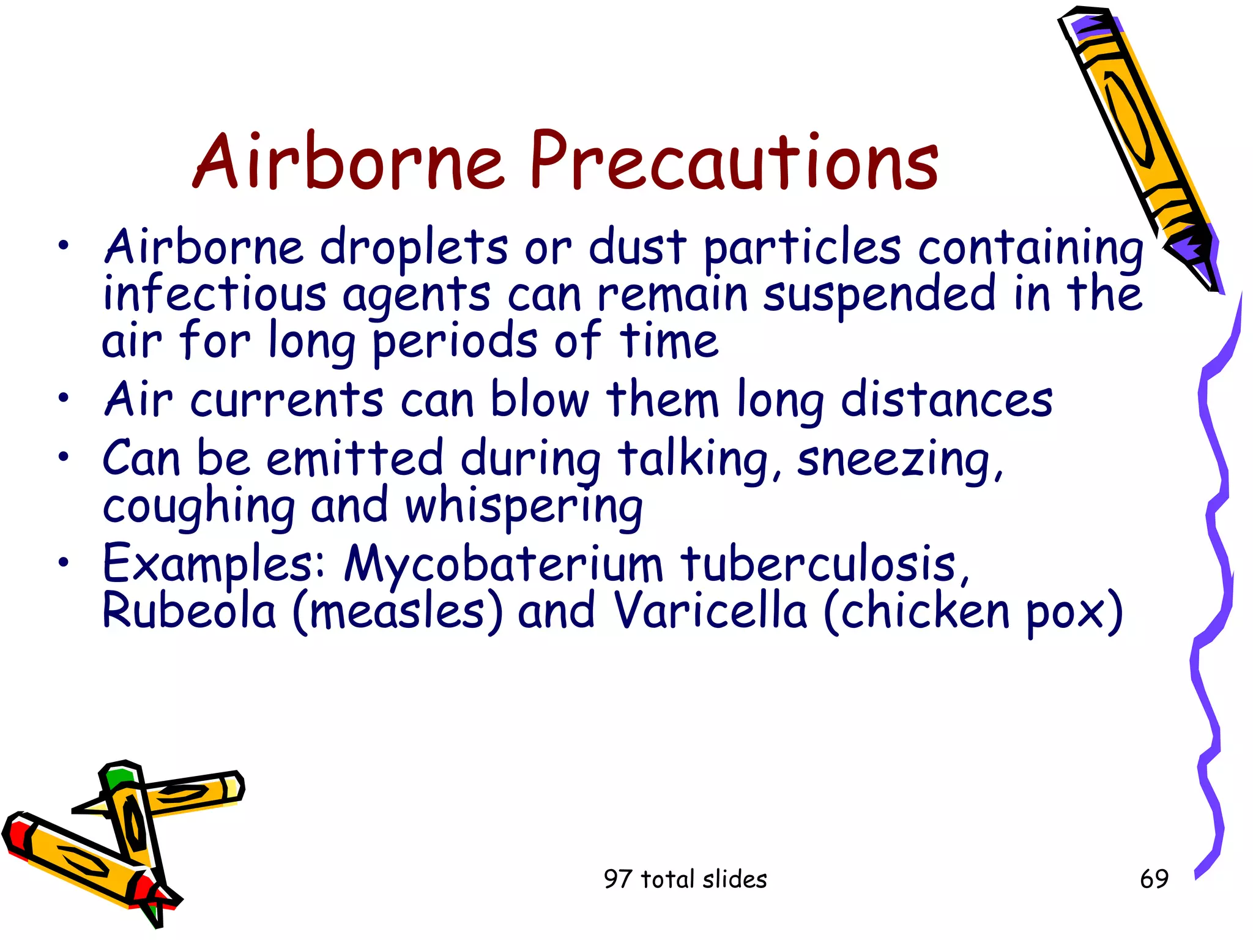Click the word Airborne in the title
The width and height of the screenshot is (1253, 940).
tap(349, 162)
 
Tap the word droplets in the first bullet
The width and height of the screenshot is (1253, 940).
tap(414, 248)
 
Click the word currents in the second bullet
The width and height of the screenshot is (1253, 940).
tap(286, 400)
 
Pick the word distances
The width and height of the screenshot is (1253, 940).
tap(946, 400)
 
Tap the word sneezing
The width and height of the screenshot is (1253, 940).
tap(899, 460)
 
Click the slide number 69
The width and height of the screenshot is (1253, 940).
tap(1154, 879)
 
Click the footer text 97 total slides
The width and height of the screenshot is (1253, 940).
tap(685, 879)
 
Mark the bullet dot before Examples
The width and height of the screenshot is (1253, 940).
tap(64, 562)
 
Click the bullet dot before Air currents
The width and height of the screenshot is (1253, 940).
tap(64, 399)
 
